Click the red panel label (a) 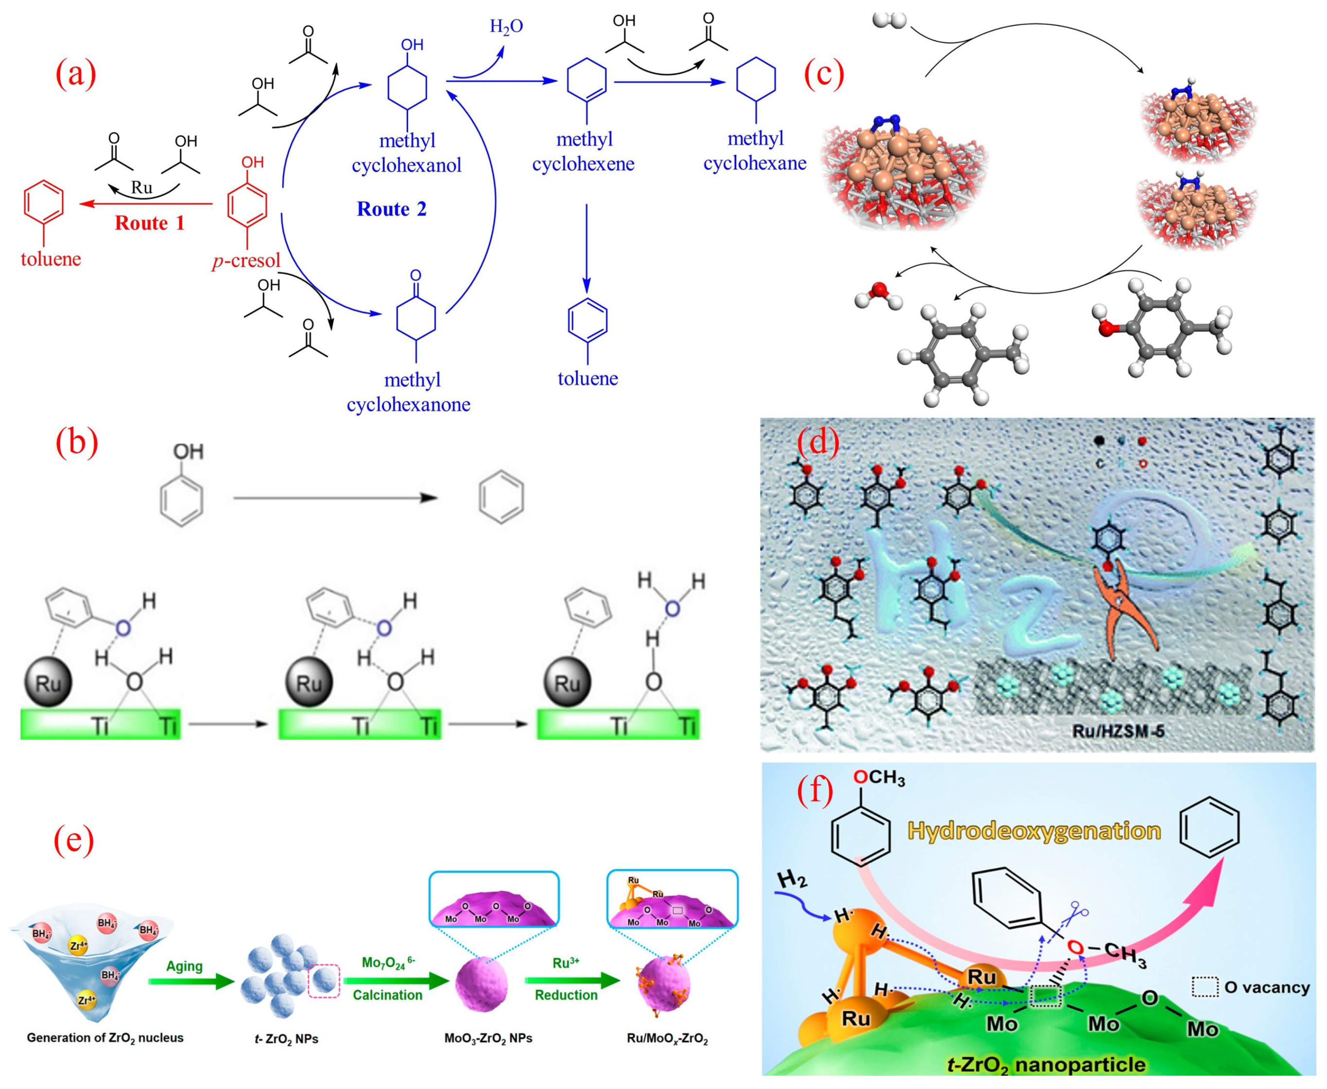(x=76, y=74)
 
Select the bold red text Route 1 (x=149, y=224)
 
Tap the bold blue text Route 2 (x=391, y=209)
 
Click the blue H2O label (x=506, y=26)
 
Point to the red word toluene (x=51, y=259)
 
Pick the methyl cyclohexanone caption (x=409, y=392)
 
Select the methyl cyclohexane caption (x=755, y=151)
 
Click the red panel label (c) (x=824, y=74)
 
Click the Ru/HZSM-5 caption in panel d (x=1118, y=729)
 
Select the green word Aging (x=184, y=966)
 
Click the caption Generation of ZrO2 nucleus (x=105, y=1037)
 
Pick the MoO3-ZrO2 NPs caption (x=488, y=1038)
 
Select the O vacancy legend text (x=1267, y=987)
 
